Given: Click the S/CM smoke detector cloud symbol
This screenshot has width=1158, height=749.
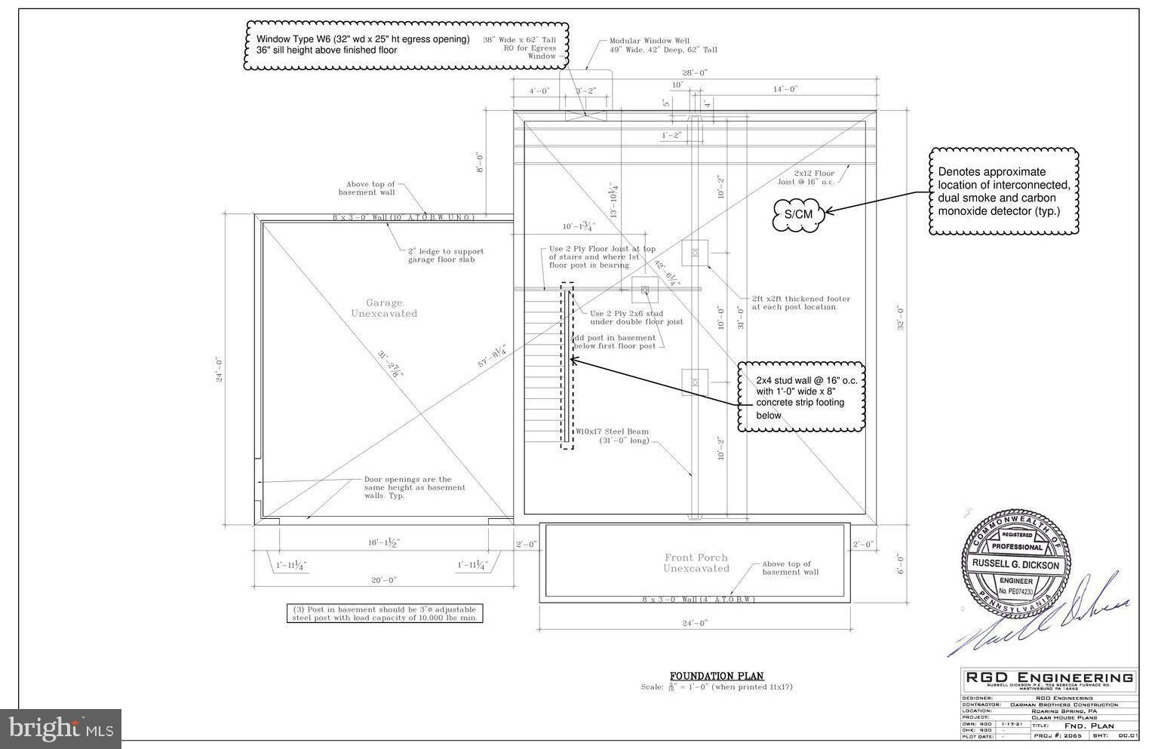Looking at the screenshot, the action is pos(798,214).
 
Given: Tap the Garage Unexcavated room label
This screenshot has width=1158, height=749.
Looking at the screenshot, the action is pos(384,308).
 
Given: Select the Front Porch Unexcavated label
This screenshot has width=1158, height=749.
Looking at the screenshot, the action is pos(696,563).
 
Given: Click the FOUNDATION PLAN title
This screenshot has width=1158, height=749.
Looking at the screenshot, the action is pos(717,676).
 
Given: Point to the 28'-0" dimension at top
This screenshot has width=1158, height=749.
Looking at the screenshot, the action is pos(695,73).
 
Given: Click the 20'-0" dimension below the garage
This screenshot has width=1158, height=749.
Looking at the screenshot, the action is pos(382,580).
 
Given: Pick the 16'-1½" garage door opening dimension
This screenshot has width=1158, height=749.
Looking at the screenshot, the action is pos(383,542).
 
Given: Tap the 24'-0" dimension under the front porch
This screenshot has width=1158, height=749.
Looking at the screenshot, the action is pos(694,623).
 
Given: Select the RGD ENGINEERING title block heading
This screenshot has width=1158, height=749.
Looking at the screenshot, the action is pos(1049,677).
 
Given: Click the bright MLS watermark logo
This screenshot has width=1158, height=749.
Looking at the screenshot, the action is pos(60,729).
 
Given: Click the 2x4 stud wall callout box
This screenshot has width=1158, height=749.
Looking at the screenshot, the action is pos(801,397).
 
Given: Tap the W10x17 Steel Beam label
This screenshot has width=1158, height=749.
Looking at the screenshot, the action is pos(617,436).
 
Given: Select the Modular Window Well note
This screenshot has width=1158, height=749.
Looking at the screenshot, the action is pos(663,45).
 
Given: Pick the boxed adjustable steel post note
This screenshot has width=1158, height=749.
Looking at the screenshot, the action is pos(385,613).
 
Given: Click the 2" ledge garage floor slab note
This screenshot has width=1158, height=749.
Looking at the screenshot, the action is pos(446,255).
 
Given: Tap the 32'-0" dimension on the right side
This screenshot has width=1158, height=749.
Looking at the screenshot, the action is pos(899,318).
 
